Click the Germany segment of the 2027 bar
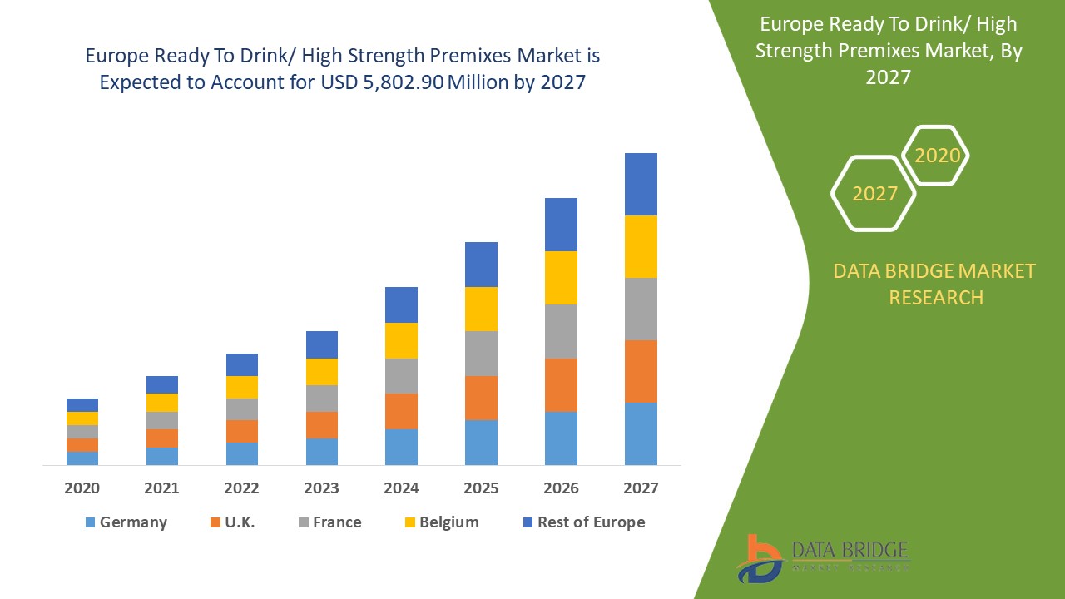641,433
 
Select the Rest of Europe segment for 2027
641,184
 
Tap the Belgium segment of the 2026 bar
561,278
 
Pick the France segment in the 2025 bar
481,354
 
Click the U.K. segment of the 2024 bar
401,411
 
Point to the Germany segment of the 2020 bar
82,458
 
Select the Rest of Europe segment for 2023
322,344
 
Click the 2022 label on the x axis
241,488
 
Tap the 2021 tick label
161,488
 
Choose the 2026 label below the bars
561,488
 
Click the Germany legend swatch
90,522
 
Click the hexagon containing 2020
937,156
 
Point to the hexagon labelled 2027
874,194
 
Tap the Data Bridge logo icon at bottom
759,559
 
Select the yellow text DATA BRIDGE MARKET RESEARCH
935,284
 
